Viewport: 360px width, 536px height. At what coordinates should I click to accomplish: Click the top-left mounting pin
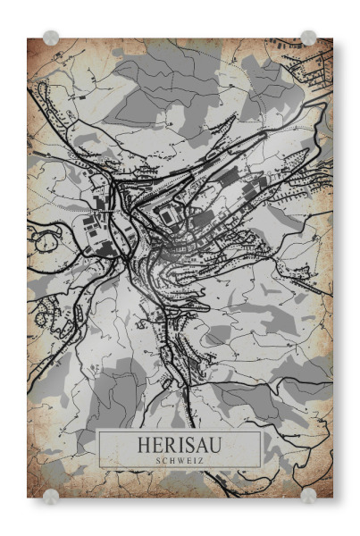pyautogui.click(x=52, y=38)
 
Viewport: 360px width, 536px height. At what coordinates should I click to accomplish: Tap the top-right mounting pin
pyautogui.click(x=308, y=38)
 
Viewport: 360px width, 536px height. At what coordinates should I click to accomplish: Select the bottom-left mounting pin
pyautogui.click(x=52, y=496)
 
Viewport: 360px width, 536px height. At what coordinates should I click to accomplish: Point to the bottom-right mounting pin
pyautogui.click(x=308, y=496)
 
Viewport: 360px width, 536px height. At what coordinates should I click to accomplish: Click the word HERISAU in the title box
pyautogui.click(x=179, y=444)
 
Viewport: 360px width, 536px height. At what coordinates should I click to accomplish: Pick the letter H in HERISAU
pyautogui.click(x=146, y=444)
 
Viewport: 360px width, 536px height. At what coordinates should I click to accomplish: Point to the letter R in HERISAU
pyautogui.click(x=169, y=444)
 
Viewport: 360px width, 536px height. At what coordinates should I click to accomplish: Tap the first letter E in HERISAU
pyautogui.click(x=157, y=444)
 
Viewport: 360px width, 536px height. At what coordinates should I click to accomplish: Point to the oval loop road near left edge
pyautogui.click(x=41, y=239)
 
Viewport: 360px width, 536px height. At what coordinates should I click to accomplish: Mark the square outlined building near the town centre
pyautogui.click(x=168, y=213)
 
